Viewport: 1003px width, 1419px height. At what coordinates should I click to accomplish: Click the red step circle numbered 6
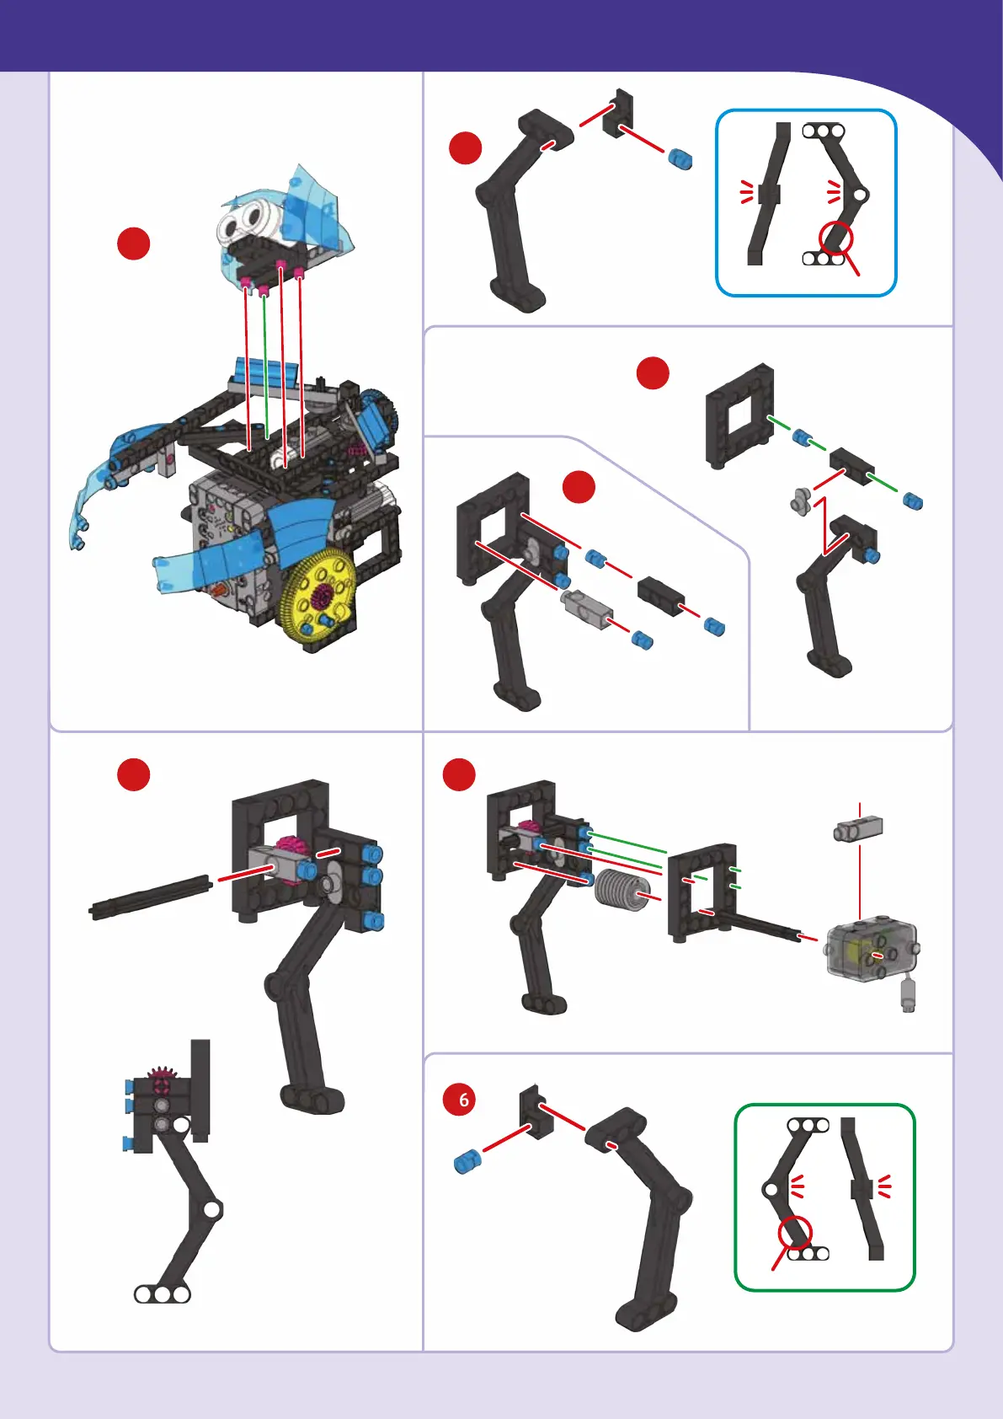pyautogui.click(x=459, y=1100)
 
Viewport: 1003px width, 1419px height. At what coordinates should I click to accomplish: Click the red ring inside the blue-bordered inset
pyautogui.click(x=835, y=238)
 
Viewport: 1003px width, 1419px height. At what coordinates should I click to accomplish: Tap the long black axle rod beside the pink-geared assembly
pyautogui.click(x=150, y=897)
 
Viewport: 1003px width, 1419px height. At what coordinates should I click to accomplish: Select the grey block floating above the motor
pyautogui.click(x=859, y=828)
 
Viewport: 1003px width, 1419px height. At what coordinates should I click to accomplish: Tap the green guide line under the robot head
pyautogui.click(x=266, y=366)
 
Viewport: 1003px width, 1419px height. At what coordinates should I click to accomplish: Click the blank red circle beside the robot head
pyautogui.click(x=134, y=244)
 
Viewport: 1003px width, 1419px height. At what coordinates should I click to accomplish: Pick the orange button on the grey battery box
pyautogui.click(x=218, y=590)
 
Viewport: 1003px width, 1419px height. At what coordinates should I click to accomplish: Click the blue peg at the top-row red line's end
pyautogui.click(x=680, y=158)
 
